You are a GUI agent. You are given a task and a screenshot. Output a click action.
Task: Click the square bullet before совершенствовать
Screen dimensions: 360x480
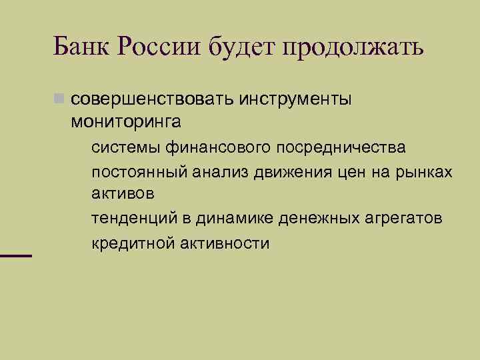[x=60, y=100]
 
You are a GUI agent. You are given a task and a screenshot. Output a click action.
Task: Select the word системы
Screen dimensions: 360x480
[x=123, y=146]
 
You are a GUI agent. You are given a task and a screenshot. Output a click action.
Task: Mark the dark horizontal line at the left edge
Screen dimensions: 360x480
[x=16, y=255]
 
